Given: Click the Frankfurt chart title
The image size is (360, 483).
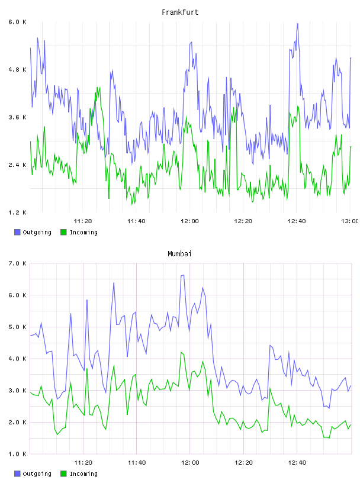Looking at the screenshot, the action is [x=180, y=12].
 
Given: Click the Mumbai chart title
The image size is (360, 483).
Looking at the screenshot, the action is [x=179, y=254].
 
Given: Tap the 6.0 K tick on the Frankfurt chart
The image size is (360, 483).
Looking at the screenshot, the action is [x=17, y=22].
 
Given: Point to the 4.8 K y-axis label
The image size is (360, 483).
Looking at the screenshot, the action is [x=17, y=70].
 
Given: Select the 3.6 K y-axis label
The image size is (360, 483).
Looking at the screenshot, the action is [x=17, y=117].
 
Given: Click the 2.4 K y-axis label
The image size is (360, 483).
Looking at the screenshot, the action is [x=17, y=165].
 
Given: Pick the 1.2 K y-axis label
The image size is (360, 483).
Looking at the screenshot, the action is [x=17, y=212].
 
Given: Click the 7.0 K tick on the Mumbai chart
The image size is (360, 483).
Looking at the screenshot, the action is [x=17, y=263].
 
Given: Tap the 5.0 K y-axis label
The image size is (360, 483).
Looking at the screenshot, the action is [x=17, y=327].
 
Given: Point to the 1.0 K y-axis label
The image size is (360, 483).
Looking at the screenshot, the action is [x=17, y=454].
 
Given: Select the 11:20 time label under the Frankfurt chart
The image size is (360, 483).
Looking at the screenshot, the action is [x=83, y=221].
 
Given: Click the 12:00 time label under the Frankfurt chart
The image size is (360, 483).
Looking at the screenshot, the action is [x=190, y=221].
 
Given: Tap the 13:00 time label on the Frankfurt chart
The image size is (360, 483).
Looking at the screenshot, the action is [x=350, y=221].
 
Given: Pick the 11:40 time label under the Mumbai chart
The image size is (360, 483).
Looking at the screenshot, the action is [x=137, y=463].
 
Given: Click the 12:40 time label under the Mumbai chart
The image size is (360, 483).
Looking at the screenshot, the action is [x=297, y=463].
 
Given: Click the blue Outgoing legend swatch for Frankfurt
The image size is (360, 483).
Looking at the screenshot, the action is [x=17, y=232].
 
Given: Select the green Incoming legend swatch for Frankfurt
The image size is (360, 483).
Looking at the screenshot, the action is [x=63, y=232].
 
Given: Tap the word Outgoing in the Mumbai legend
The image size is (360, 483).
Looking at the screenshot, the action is [x=37, y=474].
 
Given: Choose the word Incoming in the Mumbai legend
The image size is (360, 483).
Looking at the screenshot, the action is [x=83, y=474].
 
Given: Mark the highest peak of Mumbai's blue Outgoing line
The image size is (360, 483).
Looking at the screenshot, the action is [x=184, y=275].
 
